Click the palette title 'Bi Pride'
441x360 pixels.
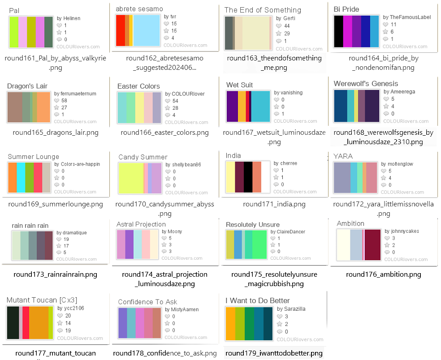[346, 9]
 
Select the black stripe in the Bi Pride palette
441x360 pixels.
[339, 31]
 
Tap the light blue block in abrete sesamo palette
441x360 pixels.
[147, 30]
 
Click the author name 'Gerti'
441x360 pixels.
[289, 18]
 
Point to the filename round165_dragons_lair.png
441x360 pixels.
[56, 133]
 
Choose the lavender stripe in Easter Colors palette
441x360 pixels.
[156, 107]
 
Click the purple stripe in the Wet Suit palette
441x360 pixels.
[232, 106]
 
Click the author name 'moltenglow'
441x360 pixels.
[395, 164]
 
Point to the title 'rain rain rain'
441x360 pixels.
[30, 225]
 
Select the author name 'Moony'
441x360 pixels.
[175, 231]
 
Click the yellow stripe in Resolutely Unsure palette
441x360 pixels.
[230, 244]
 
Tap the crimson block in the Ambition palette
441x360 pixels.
[373, 244]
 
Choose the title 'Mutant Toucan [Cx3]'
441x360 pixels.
[42, 300]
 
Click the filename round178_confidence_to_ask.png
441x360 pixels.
[165, 353]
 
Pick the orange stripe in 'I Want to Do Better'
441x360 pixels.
[230, 323]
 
